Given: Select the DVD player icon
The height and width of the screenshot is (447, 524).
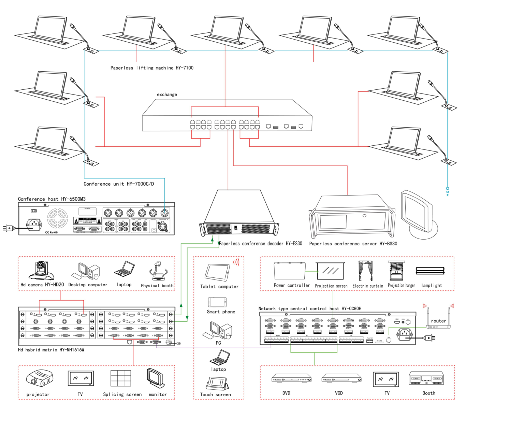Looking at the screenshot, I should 291,378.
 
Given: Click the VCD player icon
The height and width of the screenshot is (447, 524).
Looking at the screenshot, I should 341,378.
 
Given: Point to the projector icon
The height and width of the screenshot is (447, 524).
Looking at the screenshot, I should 39,378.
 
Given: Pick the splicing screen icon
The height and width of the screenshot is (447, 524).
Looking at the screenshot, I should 121,378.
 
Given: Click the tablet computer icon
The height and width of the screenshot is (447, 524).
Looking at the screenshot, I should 217,272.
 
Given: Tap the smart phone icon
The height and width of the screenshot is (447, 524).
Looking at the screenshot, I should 217,302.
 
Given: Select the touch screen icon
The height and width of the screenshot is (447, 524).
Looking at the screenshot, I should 217,383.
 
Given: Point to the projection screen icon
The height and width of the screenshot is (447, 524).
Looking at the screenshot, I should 330,271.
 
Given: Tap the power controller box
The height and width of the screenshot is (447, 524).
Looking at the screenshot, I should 290,271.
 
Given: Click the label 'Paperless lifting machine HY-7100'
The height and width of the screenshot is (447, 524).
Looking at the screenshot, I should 152,68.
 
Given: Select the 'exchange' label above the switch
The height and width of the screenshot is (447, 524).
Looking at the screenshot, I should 167,95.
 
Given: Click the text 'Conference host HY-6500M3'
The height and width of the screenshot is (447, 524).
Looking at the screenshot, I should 52,199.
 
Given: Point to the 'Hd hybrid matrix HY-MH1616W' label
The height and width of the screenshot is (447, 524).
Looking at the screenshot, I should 51,350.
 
